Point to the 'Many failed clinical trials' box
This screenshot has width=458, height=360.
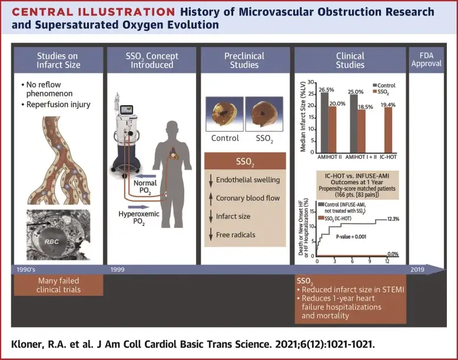58,285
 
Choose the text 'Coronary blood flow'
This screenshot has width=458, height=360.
247,198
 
